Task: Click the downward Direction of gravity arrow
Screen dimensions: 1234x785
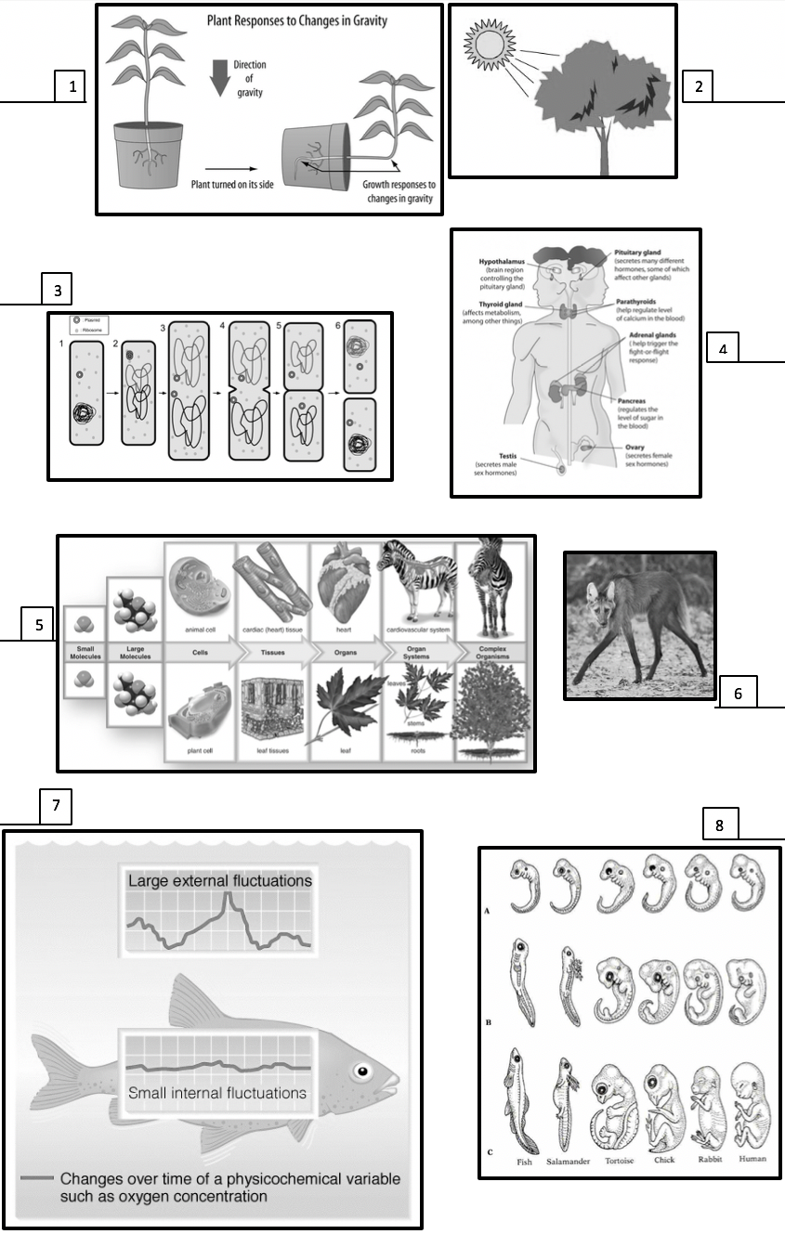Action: pyautogui.click(x=219, y=80)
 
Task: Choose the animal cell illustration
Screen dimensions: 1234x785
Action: pyautogui.click(x=202, y=587)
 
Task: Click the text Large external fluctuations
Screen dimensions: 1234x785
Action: pyautogui.click(x=219, y=879)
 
